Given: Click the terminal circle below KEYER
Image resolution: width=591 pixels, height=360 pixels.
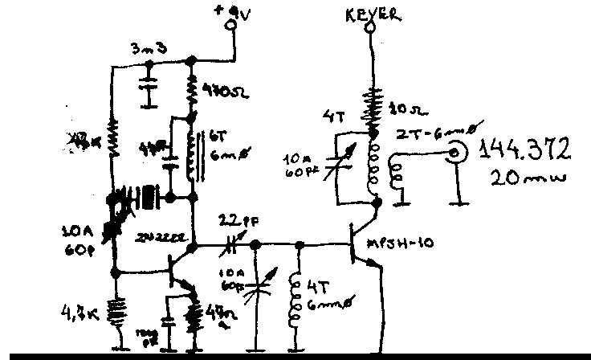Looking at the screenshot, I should (x=371, y=30).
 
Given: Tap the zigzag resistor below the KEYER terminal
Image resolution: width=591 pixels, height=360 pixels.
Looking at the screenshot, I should (x=371, y=100).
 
